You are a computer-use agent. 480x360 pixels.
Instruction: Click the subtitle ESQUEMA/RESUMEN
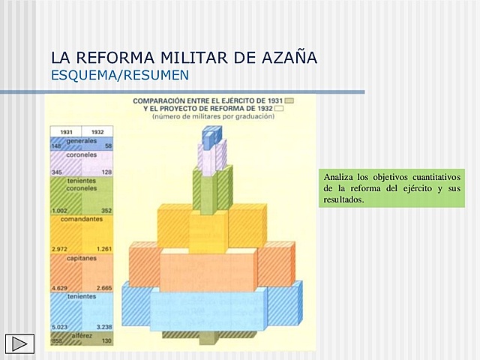coord(119,76)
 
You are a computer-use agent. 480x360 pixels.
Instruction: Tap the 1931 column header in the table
coord(66,131)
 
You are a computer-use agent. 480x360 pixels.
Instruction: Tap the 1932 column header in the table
coord(97,131)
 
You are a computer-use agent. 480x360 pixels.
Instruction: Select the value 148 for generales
coord(56,146)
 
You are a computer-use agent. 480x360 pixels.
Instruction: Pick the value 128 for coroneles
coord(106,172)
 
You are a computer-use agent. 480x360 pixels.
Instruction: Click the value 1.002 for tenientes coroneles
coord(61,211)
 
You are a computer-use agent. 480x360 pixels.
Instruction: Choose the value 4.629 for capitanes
coord(60,288)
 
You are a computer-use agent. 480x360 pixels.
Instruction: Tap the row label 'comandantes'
coord(81,220)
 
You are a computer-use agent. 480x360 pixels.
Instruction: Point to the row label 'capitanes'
coord(81,256)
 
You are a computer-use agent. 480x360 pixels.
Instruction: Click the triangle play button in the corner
coord(19,343)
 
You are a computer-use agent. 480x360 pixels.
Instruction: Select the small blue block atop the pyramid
coord(211,135)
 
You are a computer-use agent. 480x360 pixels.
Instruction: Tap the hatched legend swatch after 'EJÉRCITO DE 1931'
coord(289,100)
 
